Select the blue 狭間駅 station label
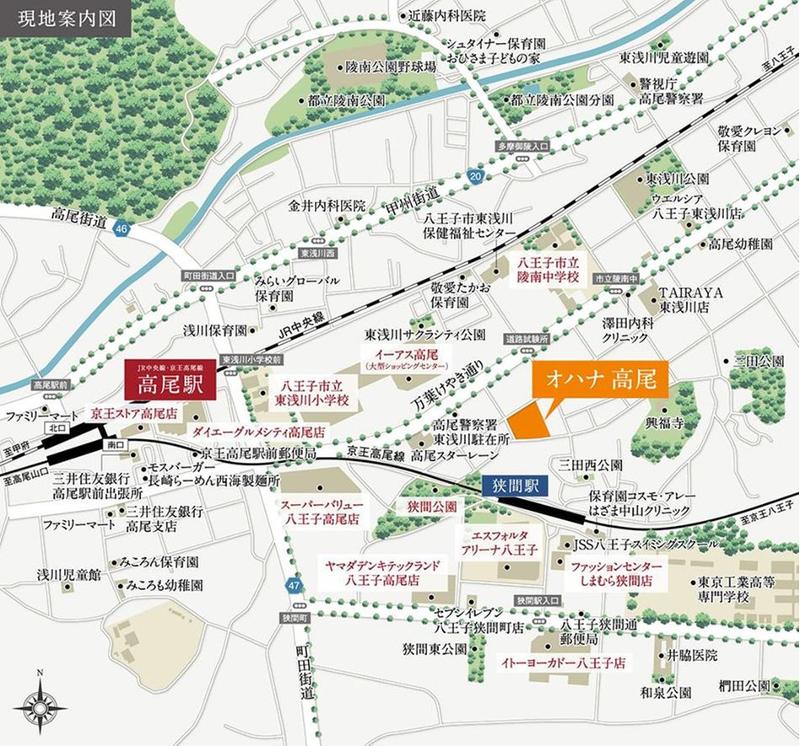click(x=516, y=485)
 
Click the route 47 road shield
click(x=293, y=584)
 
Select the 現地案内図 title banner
click(x=66, y=17)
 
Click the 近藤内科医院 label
click(x=447, y=15)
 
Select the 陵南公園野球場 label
click(x=391, y=67)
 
